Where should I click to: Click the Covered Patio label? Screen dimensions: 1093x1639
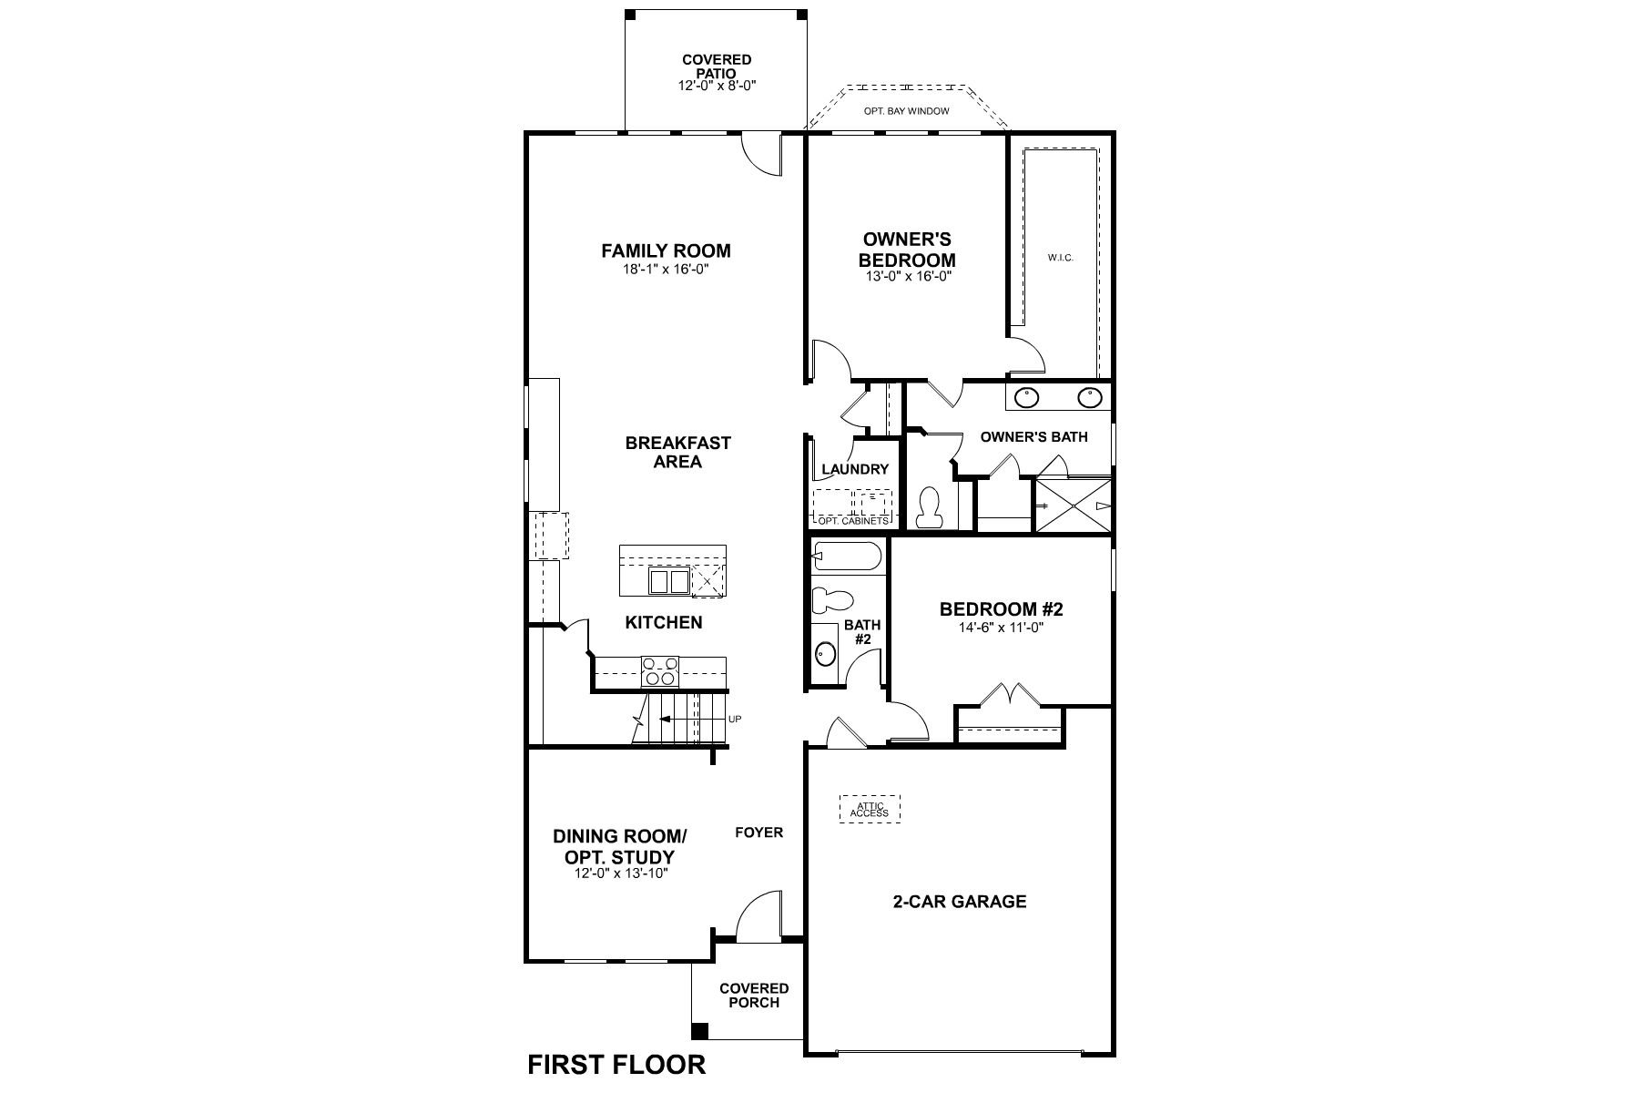[x=717, y=66]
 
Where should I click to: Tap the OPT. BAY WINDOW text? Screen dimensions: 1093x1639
[x=906, y=111]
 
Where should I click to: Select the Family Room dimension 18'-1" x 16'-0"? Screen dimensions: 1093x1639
[x=666, y=271]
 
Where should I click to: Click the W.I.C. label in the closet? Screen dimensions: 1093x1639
[x=1061, y=258]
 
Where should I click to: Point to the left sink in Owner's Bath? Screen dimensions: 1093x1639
[x=1026, y=397]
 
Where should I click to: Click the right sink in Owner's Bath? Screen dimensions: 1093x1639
[x=1089, y=397]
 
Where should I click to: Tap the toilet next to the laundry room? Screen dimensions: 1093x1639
[x=930, y=507]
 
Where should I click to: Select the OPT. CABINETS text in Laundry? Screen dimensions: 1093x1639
[x=852, y=521]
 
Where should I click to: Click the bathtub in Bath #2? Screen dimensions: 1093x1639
[x=847, y=556]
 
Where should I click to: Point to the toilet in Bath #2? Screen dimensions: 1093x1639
[x=831, y=599]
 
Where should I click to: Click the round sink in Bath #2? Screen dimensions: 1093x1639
[x=825, y=653]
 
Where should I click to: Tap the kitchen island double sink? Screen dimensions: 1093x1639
[x=669, y=581]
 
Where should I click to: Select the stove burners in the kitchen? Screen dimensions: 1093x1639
[x=660, y=670]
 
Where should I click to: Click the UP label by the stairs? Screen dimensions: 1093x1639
[x=735, y=720]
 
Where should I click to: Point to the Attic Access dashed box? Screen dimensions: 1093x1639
[x=869, y=809]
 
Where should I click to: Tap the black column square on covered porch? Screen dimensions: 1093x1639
[x=699, y=1031]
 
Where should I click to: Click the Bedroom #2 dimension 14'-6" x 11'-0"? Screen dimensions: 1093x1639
[x=1001, y=628]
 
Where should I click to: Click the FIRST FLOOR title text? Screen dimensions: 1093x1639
[x=616, y=1064]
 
